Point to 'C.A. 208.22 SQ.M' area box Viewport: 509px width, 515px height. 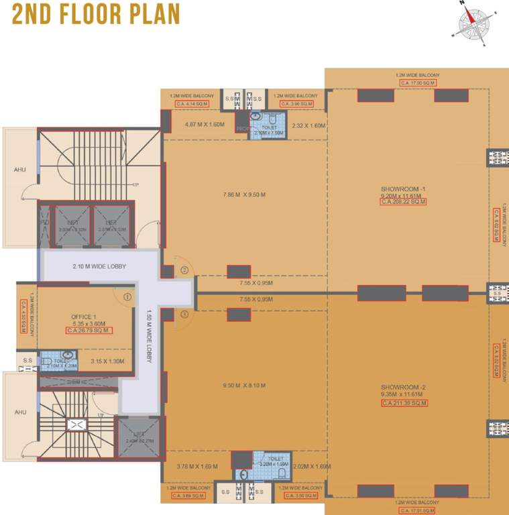403,201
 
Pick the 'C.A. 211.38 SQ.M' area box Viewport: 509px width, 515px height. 404,403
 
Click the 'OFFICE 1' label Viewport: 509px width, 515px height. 84,317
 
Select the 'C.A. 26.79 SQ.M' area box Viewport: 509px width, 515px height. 89,330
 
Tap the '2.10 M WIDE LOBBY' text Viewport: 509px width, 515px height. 99,266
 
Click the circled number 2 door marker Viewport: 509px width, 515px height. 184,270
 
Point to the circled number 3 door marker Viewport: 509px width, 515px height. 184,314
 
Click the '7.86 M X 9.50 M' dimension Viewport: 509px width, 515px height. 244,195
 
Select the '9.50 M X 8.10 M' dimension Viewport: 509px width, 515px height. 244,386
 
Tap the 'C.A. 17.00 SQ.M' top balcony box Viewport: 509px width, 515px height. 417,82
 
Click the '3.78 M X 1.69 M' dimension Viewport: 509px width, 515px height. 197,467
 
